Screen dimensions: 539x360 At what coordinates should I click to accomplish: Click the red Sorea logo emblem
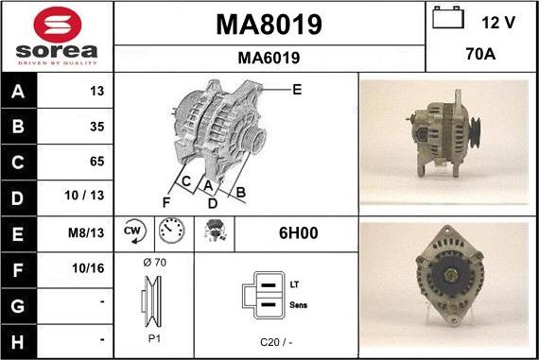point(58,25)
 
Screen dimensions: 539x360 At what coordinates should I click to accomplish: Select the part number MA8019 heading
point(269,25)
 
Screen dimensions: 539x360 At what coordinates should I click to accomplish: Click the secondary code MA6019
point(269,58)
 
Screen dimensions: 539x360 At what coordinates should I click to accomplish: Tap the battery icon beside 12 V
point(448,17)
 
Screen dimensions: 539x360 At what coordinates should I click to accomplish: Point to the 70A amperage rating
point(480,54)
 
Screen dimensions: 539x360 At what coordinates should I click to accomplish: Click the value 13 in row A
point(97,91)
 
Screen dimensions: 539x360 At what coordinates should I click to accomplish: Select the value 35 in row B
point(97,127)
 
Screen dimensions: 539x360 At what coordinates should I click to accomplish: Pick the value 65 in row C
point(97,162)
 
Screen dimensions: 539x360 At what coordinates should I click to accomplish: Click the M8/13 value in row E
point(86,232)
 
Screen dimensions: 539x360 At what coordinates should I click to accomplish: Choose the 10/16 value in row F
point(88,268)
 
